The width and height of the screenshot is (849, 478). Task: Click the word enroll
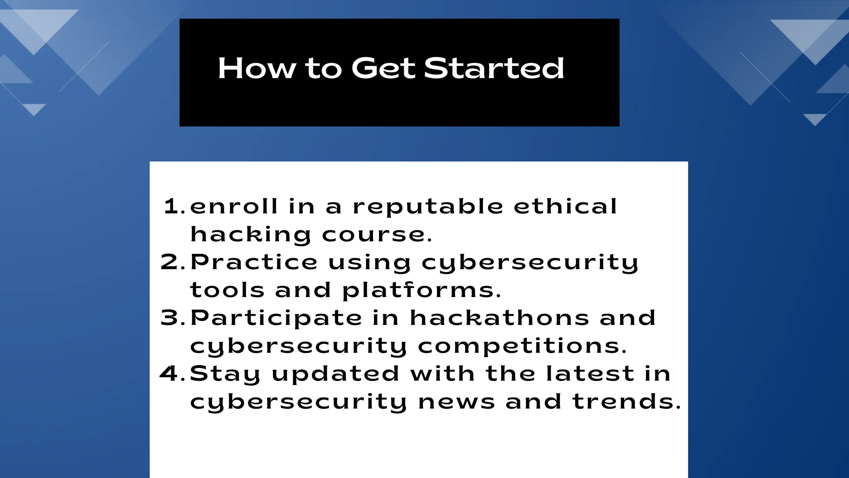pyautogui.click(x=234, y=206)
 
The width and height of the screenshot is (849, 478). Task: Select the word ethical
pyautogui.click(x=565, y=206)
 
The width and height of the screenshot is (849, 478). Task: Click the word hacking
pyautogui.click(x=250, y=235)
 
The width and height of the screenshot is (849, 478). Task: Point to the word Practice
pyautogui.click(x=254, y=262)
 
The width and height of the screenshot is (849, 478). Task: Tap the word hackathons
pyautogui.click(x=499, y=318)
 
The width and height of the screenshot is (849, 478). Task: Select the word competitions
pyautogui.click(x=522, y=346)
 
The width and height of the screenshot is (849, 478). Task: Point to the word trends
pyautogui.click(x=626, y=402)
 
